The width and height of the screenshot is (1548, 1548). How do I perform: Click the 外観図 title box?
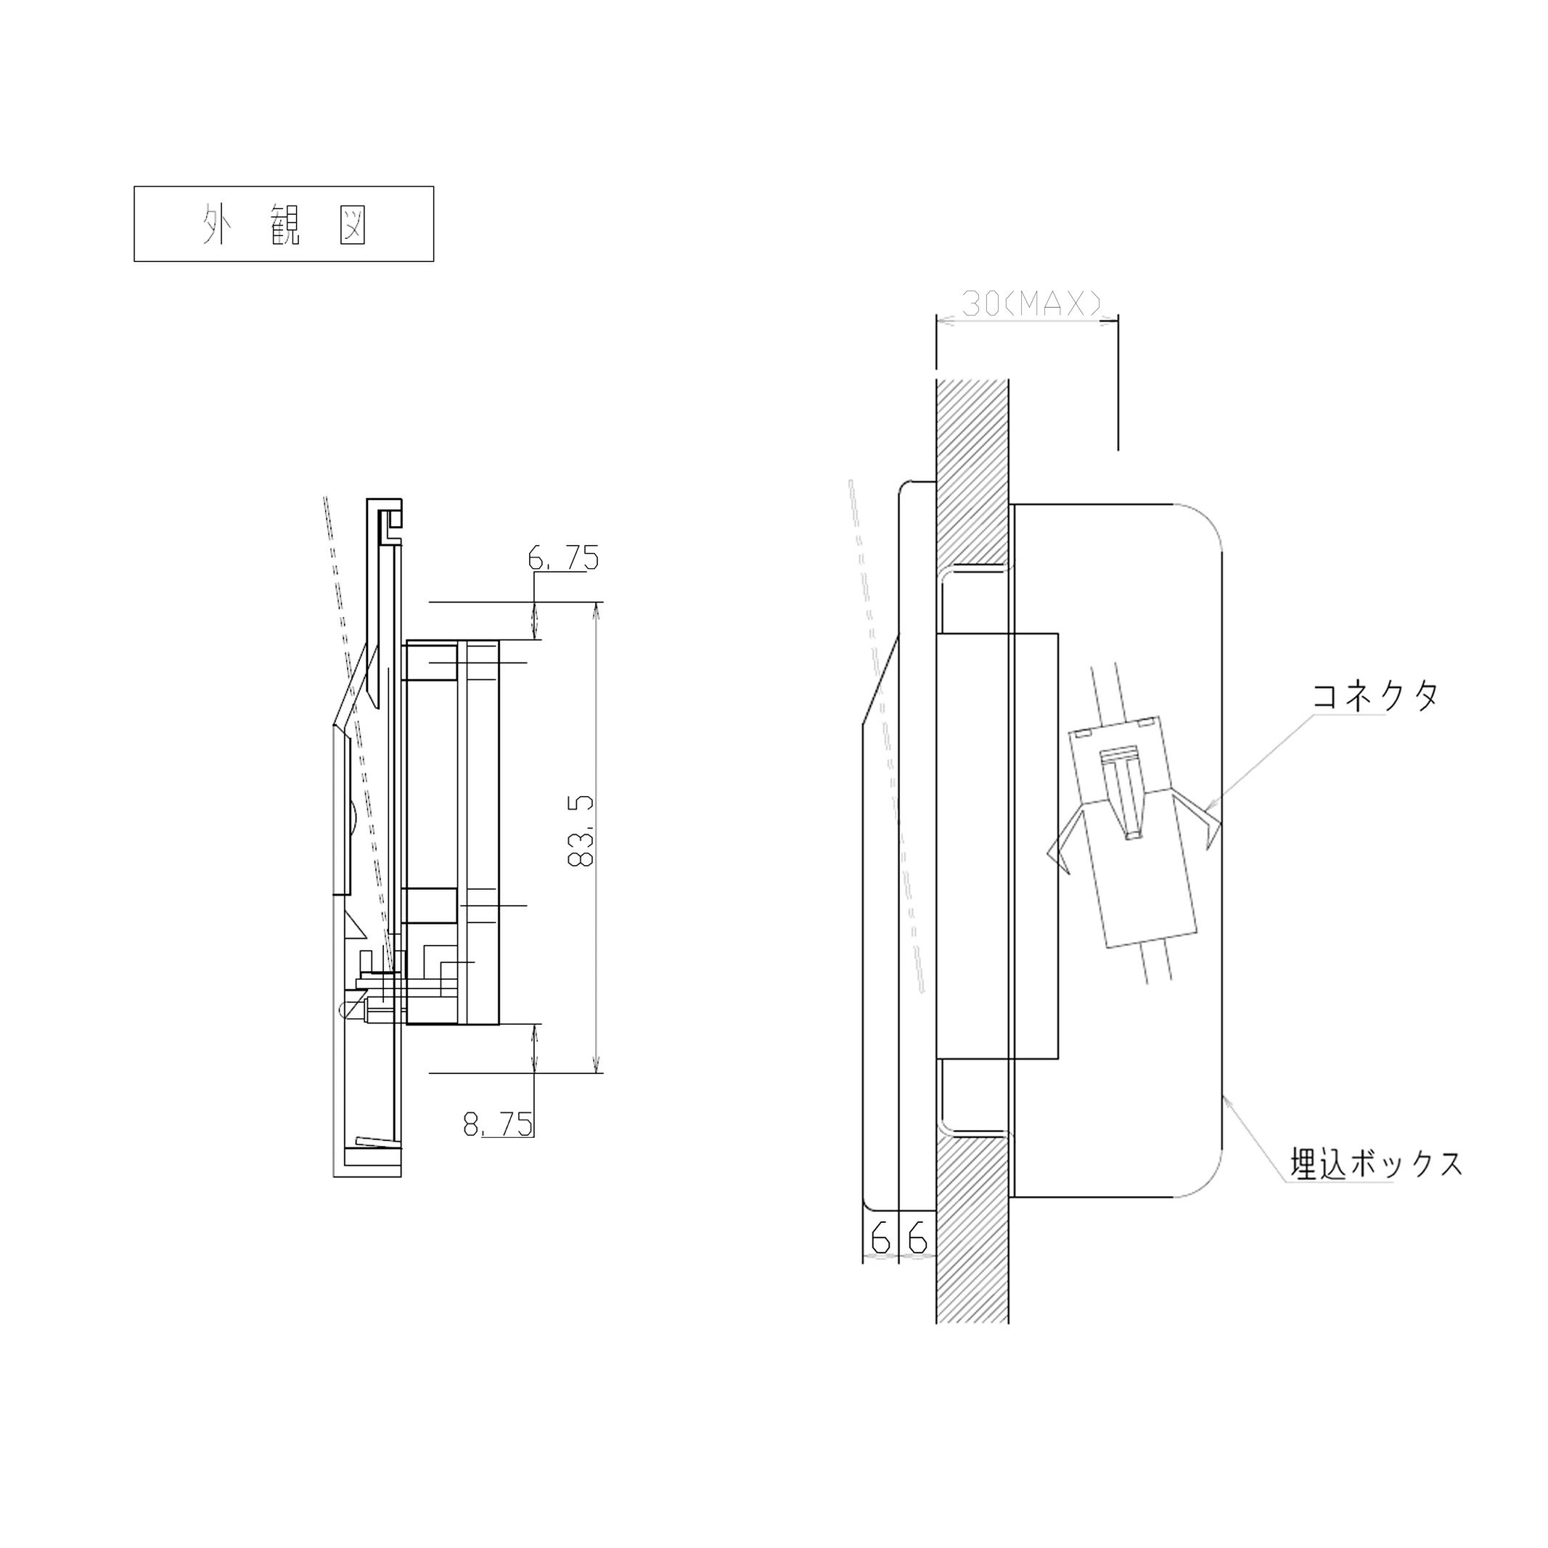pos(284,224)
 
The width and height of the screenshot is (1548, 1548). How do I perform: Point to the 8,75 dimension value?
pos(498,1124)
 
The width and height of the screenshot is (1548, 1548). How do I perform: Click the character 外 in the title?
pos(215,224)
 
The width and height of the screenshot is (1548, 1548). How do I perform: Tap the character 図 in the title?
pos(353,224)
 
